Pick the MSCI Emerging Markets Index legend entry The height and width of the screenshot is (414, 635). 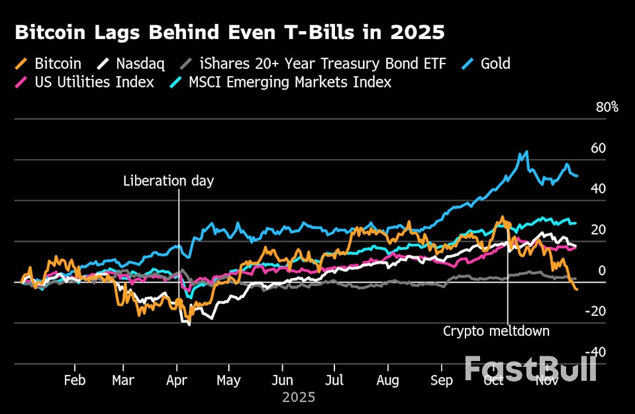point(278,82)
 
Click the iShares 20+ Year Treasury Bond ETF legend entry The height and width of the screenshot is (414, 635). point(314,64)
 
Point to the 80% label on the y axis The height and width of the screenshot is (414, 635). point(606,107)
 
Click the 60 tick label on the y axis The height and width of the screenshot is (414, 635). point(598,148)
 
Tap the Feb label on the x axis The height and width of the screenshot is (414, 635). point(74,381)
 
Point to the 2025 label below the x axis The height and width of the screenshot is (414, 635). point(299,397)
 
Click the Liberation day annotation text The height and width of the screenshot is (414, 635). point(169,181)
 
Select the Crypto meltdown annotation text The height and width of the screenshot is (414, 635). point(496,331)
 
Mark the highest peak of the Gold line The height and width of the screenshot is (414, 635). point(526,152)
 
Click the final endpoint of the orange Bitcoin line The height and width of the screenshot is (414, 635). point(577,289)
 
